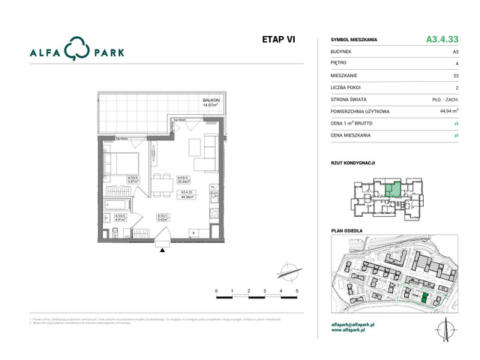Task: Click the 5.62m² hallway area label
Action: pos(161,219)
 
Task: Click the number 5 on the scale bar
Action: pos(297,289)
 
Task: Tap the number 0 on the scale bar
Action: pos(216,289)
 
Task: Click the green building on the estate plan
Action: pos(424,299)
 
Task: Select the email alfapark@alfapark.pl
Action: pos(357,324)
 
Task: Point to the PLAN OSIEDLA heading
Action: pos(347,231)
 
